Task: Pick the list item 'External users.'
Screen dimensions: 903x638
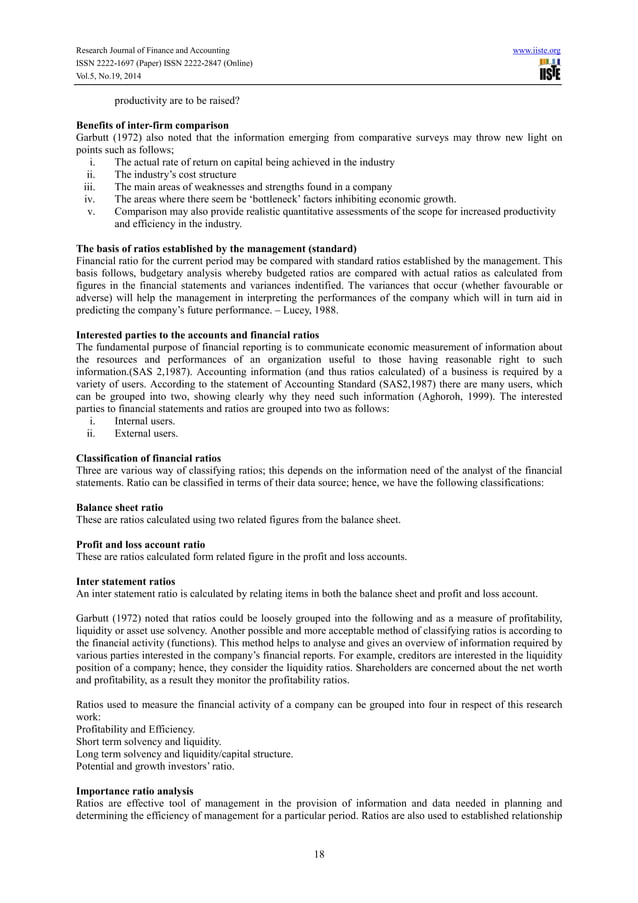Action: (147, 434)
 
